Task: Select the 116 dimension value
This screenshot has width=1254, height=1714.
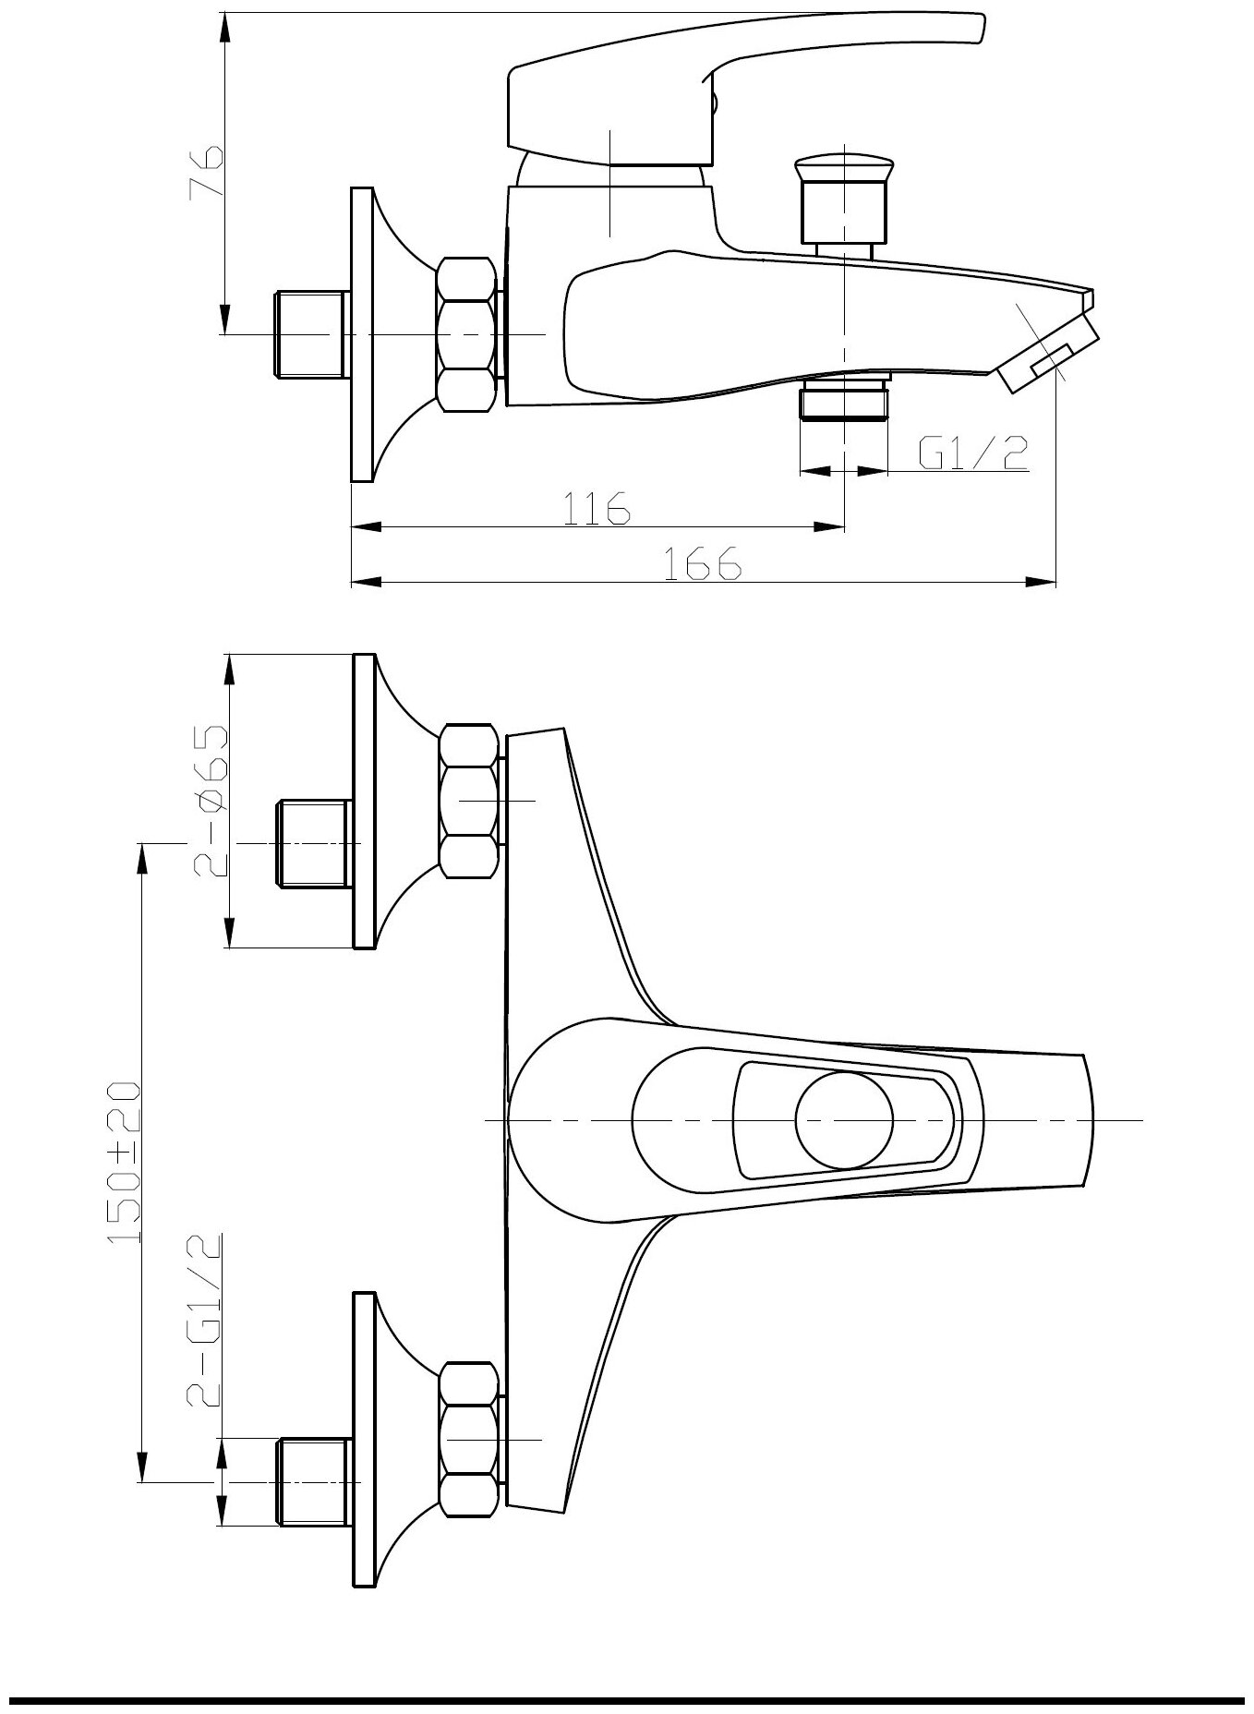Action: click(597, 507)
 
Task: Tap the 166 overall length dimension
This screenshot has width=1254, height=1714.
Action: click(704, 562)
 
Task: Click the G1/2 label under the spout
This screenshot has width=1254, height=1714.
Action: click(972, 453)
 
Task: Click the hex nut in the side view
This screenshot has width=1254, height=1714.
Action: click(465, 333)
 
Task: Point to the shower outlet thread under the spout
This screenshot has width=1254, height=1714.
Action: click(844, 401)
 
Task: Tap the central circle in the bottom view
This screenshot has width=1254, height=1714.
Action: click(844, 1119)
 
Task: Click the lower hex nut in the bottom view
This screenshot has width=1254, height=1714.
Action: click(468, 1440)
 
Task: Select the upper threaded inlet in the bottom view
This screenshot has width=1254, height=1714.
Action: click(314, 843)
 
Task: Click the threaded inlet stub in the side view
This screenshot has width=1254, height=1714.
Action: click(311, 333)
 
